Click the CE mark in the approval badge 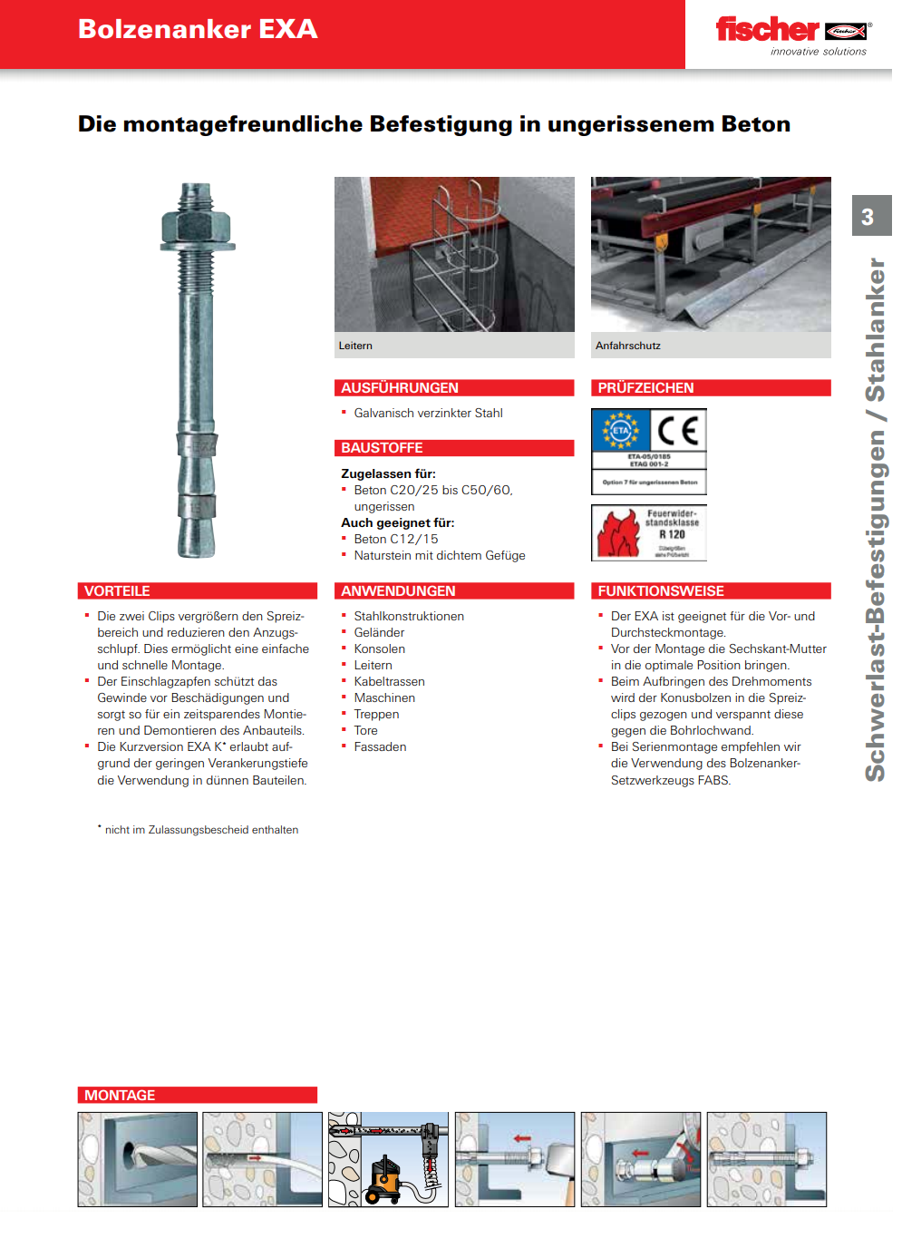(677, 430)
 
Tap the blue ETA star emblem (621, 431)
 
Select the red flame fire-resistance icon (618, 533)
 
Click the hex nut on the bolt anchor (196, 224)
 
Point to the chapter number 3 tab (868, 217)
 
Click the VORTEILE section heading (117, 591)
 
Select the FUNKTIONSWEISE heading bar (661, 591)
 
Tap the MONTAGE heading (120, 1096)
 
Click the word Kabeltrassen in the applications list (389, 682)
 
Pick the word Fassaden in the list (380, 747)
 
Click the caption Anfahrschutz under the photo (628, 346)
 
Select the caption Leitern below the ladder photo (355, 346)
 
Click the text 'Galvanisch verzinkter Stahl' (428, 414)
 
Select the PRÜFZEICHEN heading (645, 388)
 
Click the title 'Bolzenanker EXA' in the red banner (198, 29)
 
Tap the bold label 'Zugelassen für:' (388, 473)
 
